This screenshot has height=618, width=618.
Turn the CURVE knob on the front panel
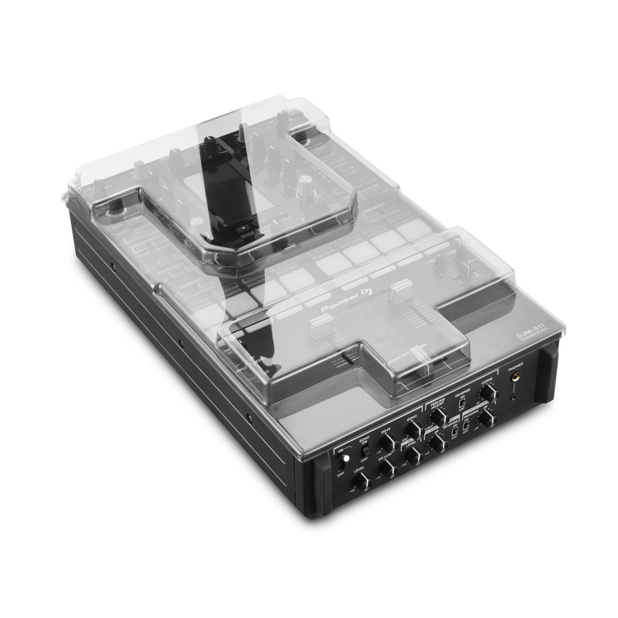(487, 392)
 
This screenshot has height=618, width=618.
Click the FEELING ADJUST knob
(438, 417)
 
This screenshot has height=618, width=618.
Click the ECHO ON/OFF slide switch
(364, 450)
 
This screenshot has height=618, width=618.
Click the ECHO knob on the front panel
(413, 430)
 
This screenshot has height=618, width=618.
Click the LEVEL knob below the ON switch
(360, 481)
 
